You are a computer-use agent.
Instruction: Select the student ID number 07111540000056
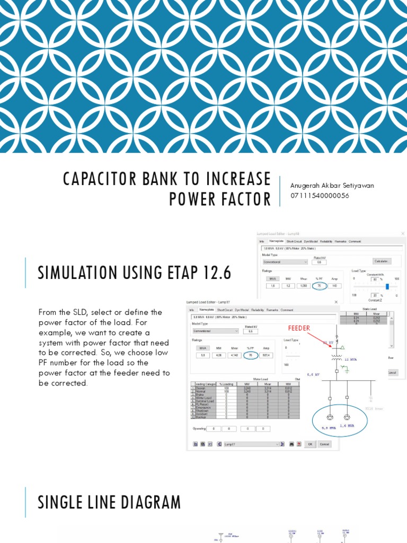(x=320, y=196)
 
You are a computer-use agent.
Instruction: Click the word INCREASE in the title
(x=227, y=179)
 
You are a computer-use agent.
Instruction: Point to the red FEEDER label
(x=298, y=328)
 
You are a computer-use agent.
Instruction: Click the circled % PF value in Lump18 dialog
(x=319, y=285)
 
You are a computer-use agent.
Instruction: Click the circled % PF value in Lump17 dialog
(x=250, y=355)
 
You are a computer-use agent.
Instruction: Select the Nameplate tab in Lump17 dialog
(x=206, y=310)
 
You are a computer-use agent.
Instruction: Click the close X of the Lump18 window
(x=402, y=233)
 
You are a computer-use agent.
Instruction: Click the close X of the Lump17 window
(x=336, y=302)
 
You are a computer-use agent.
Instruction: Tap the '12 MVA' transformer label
(x=351, y=360)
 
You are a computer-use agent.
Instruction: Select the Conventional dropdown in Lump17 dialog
(x=215, y=330)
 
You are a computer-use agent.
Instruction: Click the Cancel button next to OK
(x=324, y=444)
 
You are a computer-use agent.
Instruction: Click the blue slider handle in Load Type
(x=387, y=286)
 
